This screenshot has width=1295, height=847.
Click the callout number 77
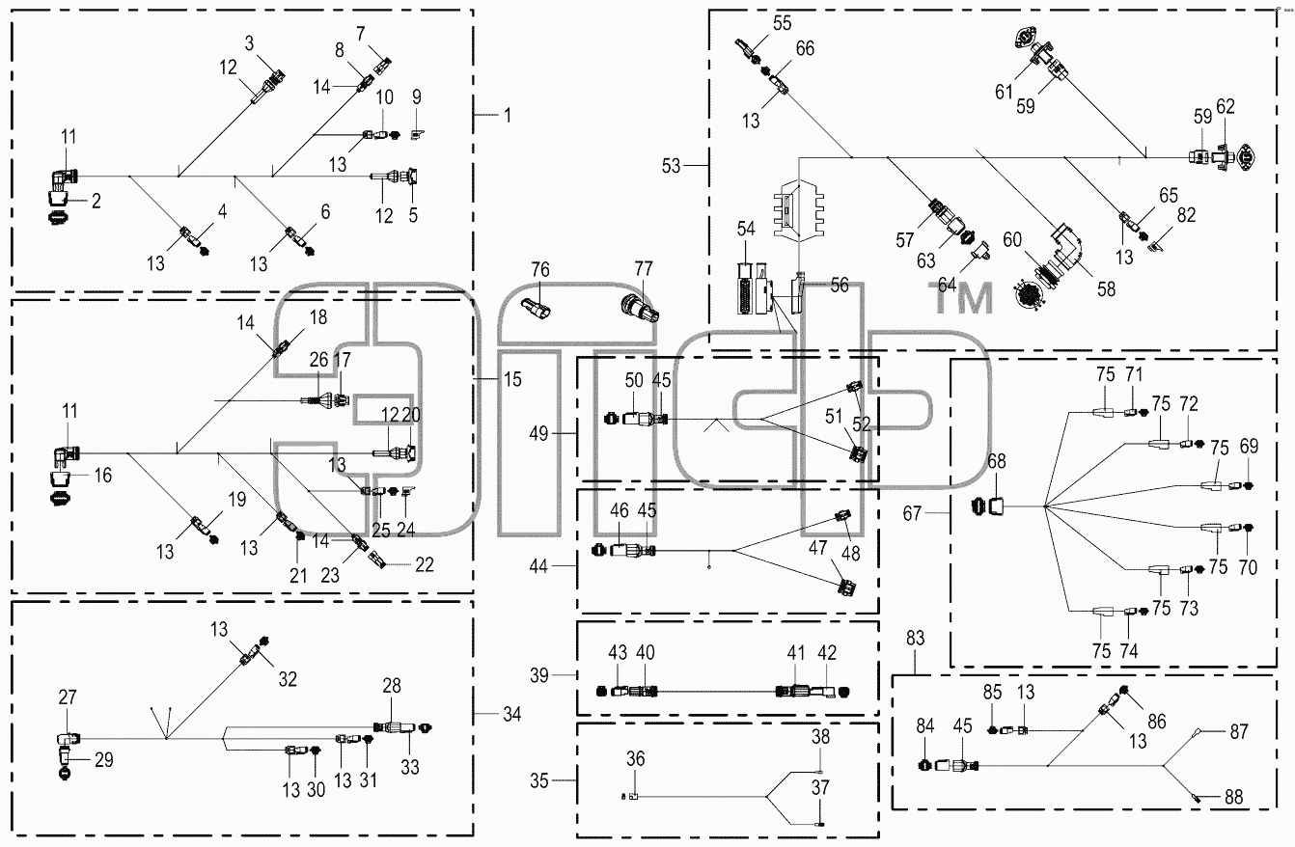(644, 268)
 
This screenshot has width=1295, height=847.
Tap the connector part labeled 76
(537, 309)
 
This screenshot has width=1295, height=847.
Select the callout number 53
(672, 166)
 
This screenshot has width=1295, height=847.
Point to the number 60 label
(1012, 239)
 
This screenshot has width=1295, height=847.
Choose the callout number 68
(997, 461)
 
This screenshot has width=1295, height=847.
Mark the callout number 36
(635, 758)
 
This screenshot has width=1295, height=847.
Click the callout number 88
(1233, 797)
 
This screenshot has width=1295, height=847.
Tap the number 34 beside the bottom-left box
(511, 715)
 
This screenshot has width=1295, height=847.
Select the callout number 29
(103, 760)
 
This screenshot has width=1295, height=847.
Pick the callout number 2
(96, 201)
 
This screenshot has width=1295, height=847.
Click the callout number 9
(416, 97)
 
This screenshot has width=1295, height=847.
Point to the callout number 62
(1226, 106)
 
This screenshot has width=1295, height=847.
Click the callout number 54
(746, 229)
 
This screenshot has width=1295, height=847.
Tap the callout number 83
(915, 639)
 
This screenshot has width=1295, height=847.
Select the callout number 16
(103, 476)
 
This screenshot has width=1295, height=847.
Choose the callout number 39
(538, 675)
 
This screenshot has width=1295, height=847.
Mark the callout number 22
(425, 564)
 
